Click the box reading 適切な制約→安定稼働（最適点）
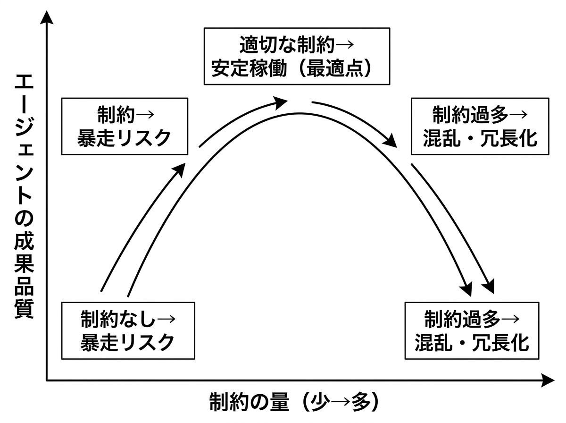click(x=297, y=56)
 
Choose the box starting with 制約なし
click(x=128, y=330)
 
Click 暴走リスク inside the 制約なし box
click(x=127, y=342)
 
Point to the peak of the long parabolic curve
click(x=299, y=113)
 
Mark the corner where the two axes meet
click(x=47, y=380)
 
